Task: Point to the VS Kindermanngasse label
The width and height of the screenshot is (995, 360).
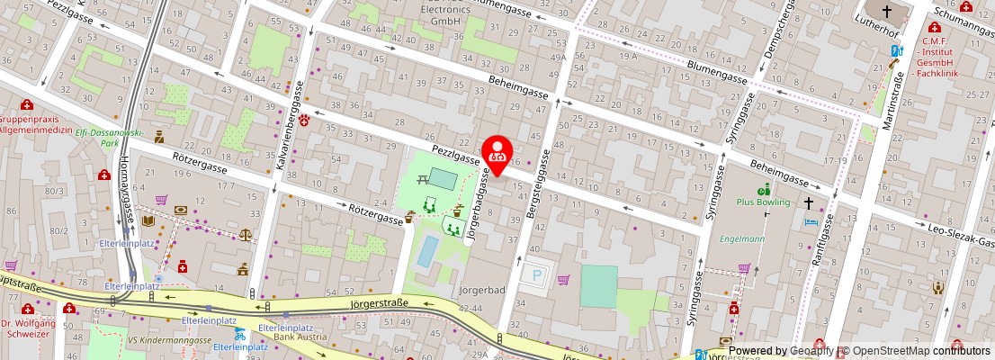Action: pyautogui.click(x=169, y=339)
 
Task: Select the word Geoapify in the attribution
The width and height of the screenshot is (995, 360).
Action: pyautogui.click(x=811, y=351)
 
